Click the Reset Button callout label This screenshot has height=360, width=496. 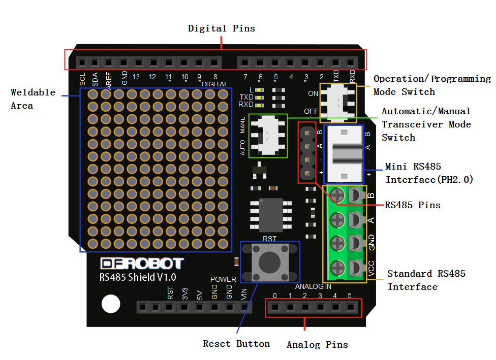(x=236, y=344)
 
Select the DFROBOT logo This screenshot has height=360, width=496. (x=142, y=264)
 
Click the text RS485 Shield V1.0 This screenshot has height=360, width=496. (x=138, y=277)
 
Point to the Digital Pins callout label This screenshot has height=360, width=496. (x=222, y=28)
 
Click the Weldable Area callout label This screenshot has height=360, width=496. (x=33, y=99)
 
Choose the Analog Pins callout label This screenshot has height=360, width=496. (x=317, y=345)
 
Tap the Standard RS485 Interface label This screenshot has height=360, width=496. (x=426, y=280)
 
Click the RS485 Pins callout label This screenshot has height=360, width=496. (x=412, y=205)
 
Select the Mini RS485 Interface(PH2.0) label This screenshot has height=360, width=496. (x=429, y=173)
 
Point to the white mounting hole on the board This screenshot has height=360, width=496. (x=110, y=304)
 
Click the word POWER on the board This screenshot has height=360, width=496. (x=223, y=279)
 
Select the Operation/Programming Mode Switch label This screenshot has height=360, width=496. (x=432, y=85)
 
